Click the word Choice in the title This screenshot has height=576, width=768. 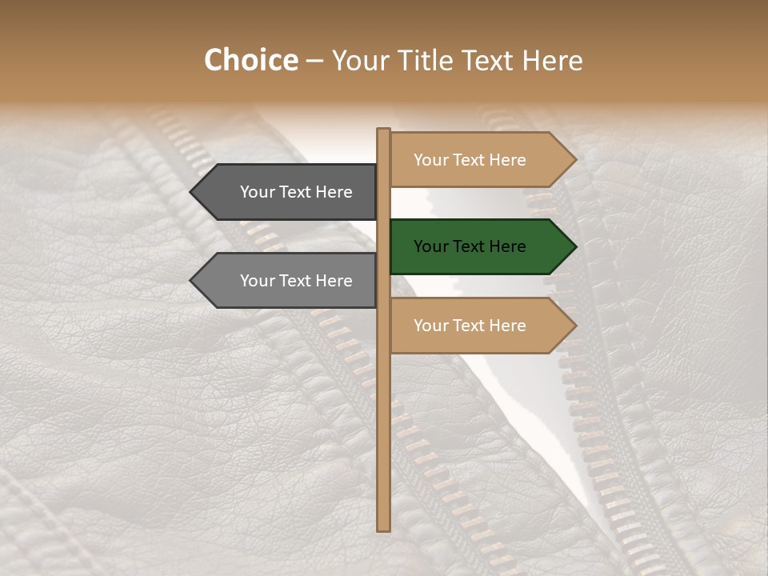[x=250, y=61]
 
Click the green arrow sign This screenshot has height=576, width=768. [x=480, y=246]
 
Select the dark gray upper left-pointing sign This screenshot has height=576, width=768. [x=288, y=192]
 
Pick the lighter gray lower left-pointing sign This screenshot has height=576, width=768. [x=288, y=281]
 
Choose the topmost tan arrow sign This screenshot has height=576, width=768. [x=480, y=160]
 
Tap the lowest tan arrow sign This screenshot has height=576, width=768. [x=480, y=326]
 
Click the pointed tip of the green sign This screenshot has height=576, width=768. [x=574, y=246]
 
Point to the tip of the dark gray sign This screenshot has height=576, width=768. [x=192, y=192]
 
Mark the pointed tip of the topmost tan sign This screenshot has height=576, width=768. [x=574, y=160]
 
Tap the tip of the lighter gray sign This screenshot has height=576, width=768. [x=192, y=281]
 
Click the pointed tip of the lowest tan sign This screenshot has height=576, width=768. [x=574, y=326]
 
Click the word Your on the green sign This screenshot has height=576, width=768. [x=431, y=246]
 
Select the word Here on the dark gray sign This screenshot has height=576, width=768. [x=334, y=192]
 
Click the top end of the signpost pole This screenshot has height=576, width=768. [x=383, y=130]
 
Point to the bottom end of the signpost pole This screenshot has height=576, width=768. [x=383, y=529]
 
